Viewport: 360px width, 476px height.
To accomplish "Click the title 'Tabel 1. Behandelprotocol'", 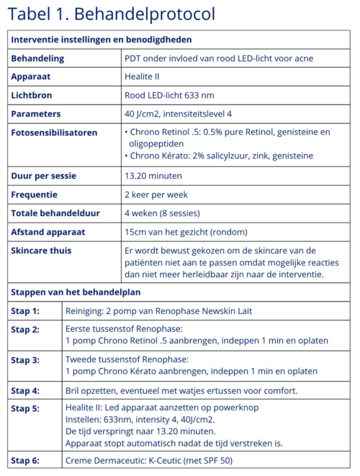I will tap(112, 14).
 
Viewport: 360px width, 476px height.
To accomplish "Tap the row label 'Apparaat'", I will tap(32, 76).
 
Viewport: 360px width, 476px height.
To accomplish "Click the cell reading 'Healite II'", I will tap(146, 76).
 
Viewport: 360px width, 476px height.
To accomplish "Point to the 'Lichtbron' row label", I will tap(33, 95).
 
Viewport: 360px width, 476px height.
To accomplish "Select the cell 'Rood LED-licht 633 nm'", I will tap(170, 95).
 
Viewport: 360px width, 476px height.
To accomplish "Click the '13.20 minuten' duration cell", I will tap(153, 176).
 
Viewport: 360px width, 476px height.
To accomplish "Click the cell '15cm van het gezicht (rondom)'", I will tap(186, 232).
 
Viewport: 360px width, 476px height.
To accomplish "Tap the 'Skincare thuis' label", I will tap(45, 251).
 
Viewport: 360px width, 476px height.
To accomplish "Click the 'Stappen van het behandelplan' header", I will tap(75, 292).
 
